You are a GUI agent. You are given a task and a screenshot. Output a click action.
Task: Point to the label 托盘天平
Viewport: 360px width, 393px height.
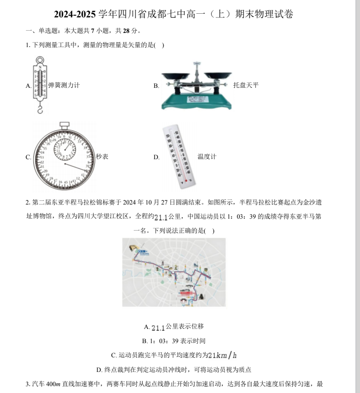pos(246,85)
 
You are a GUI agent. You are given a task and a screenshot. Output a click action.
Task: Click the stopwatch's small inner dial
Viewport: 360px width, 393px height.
pos(65,149)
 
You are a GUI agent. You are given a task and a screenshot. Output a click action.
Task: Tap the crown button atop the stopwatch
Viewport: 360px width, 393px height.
pos(64,124)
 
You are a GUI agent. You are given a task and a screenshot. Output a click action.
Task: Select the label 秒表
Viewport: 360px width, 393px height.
pos(102,157)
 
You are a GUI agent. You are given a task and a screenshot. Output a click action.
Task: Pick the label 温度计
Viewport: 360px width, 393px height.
pos(207,157)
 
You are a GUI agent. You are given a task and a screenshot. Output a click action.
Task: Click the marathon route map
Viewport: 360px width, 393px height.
pos(174,272)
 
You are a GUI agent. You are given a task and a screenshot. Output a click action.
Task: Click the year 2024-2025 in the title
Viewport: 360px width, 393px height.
pos(75,14)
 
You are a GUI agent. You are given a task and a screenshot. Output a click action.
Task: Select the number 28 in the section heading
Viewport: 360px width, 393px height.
pos(126,31)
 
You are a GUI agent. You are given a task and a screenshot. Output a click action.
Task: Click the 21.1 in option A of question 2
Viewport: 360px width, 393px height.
pos(158,327)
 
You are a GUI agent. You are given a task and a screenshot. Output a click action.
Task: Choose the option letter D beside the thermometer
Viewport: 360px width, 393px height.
pos(156,157)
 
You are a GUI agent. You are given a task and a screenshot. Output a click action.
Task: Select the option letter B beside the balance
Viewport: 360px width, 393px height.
pos(156,86)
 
